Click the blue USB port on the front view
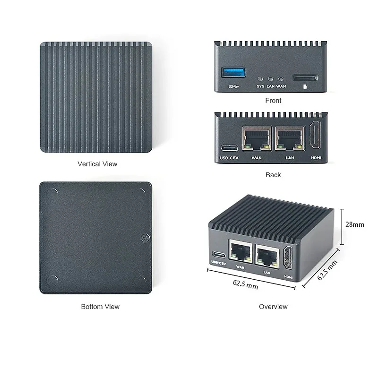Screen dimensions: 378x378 pos(233,72)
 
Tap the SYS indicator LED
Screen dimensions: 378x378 pos(260,79)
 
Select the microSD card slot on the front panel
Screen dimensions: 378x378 pos(305,78)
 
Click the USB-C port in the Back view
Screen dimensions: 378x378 pos(229,148)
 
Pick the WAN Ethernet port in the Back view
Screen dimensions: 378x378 pos(257,138)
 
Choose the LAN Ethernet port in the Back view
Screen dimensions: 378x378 pos(290,138)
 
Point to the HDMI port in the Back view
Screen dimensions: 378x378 pos(315,135)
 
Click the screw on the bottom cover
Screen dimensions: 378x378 pos(146,238)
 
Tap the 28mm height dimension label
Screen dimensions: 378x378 pos(355,224)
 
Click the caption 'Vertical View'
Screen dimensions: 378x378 pos(97,164)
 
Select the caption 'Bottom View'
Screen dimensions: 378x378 pos(100,307)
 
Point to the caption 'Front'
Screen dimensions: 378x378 pos(273,101)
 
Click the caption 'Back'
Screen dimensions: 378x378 pos(273,175)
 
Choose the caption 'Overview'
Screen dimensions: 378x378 pos(273,307)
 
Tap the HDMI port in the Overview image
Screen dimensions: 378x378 pos(288,258)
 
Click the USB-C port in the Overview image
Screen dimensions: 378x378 pos(219,255)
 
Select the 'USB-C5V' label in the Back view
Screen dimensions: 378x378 pos(229,158)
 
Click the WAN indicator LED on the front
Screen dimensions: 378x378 pos(281,79)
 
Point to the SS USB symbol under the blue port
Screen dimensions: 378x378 pos(233,86)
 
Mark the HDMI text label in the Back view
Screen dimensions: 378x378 pos(316,158)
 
